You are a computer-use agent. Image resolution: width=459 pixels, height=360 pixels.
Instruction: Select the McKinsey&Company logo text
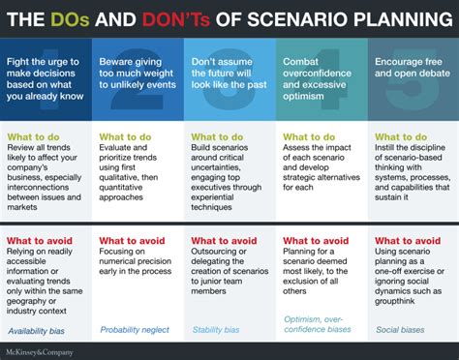pos(46,349)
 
